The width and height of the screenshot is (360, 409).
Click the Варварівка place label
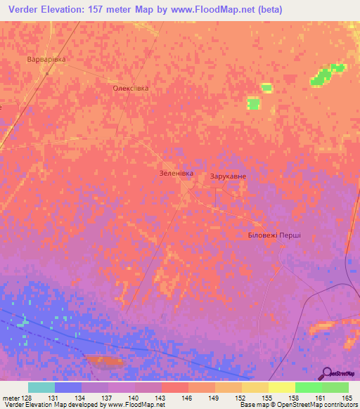(46, 59)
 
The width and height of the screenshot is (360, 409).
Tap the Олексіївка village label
(131, 89)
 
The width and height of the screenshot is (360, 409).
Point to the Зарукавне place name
(228, 176)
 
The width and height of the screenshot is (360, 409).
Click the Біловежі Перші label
(274, 235)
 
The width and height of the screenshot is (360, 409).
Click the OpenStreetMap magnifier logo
(328, 372)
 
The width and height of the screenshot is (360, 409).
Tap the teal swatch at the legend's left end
(41, 387)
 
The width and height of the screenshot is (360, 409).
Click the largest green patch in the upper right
(321, 77)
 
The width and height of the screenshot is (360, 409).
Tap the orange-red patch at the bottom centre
(105, 361)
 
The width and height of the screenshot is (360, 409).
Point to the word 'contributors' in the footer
(336, 405)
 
